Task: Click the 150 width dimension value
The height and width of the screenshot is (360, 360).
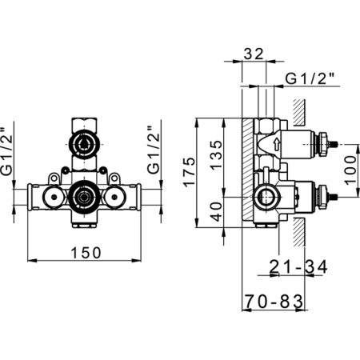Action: pyautogui.click(x=86, y=253)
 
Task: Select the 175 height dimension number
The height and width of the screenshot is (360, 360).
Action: pyautogui.click(x=189, y=172)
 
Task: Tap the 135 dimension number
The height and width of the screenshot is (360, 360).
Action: pyautogui.click(x=216, y=154)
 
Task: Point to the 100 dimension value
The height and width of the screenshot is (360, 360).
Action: pyautogui.click(x=350, y=170)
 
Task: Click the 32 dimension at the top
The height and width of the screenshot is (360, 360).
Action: pyautogui.click(x=254, y=54)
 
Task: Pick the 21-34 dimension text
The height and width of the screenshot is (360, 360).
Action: pyautogui.click(x=298, y=266)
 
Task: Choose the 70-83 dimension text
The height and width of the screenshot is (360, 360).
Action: pyautogui.click(x=274, y=302)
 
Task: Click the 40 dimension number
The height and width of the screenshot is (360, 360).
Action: pyautogui.click(x=216, y=212)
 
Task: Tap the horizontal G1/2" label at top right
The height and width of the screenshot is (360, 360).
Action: pyautogui.click(x=310, y=78)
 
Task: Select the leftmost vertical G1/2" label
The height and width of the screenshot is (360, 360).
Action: pyautogui.click(x=6, y=150)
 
